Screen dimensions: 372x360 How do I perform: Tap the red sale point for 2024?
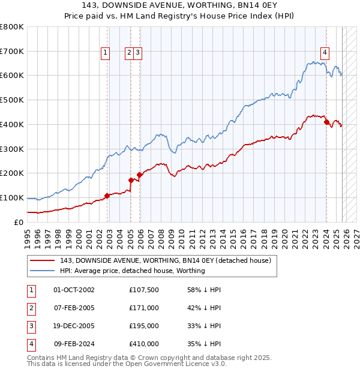pyautogui.click(x=326, y=122)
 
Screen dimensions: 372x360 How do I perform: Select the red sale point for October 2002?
pyautogui.click(x=107, y=196)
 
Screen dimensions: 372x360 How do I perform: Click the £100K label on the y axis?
pyautogui.click(x=12, y=197)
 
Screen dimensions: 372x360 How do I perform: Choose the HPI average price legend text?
pyautogui.click(x=133, y=271)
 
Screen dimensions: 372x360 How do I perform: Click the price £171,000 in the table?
pyautogui.click(x=144, y=308)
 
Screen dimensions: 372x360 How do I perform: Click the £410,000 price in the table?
pyautogui.click(x=144, y=344)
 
